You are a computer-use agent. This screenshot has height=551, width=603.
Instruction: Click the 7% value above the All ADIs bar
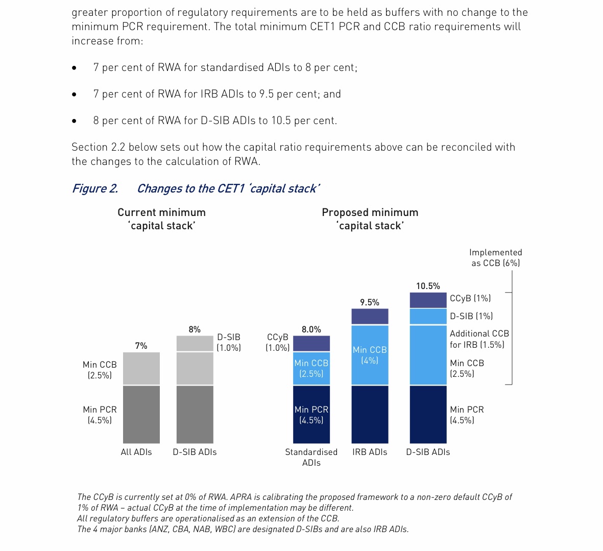(x=141, y=346)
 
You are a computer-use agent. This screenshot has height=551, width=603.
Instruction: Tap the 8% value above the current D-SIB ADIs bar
(x=195, y=329)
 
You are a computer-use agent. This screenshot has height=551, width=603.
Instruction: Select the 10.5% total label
(x=428, y=286)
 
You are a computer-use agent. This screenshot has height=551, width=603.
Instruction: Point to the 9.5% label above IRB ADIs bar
(x=370, y=302)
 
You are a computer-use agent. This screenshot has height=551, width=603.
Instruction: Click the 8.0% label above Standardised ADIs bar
(x=311, y=329)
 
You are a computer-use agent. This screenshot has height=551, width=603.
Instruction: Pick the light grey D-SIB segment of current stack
(x=195, y=343)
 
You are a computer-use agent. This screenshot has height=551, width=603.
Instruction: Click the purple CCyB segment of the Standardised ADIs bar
(x=311, y=343)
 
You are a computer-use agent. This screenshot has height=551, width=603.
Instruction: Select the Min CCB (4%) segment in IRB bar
(x=370, y=355)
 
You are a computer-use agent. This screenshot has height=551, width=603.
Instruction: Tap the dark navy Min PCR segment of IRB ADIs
(x=370, y=414)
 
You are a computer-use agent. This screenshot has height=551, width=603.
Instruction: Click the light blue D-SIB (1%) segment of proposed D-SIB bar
(x=428, y=316)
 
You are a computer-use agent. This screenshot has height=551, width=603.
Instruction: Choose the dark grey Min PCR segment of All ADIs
(x=141, y=414)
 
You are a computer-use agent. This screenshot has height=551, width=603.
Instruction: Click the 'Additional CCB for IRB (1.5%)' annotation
(x=479, y=339)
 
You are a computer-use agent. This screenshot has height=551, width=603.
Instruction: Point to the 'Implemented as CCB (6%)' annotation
(x=495, y=258)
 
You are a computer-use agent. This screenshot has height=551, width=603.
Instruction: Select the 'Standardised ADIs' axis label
(x=311, y=457)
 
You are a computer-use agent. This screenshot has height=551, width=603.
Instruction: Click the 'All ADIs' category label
(x=136, y=452)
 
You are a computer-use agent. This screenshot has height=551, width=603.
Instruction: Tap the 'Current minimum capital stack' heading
(x=161, y=219)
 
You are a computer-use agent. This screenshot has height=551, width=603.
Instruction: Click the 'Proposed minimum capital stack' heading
(x=370, y=219)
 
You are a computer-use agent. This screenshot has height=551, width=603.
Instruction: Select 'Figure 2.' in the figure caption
(x=95, y=188)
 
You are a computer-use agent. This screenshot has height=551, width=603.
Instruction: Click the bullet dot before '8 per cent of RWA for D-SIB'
(x=75, y=121)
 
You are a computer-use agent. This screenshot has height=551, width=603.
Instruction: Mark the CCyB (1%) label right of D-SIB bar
(x=470, y=298)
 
